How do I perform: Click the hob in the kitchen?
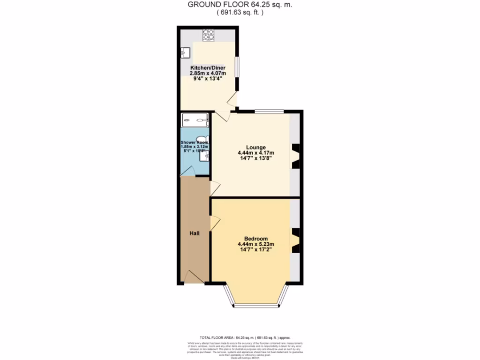tap(208, 35)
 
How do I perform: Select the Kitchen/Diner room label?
tap(207, 68)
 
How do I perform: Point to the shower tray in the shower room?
tap(195, 120)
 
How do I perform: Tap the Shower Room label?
tap(195, 142)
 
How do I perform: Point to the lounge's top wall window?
tap(269, 111)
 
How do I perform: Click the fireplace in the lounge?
tap(296, 156)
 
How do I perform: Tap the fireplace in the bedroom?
tap(296, 240)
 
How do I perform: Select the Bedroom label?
tap(256, 238)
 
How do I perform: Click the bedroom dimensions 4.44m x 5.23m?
tap(256, 244)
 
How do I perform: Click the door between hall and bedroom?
tap(214, 223)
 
